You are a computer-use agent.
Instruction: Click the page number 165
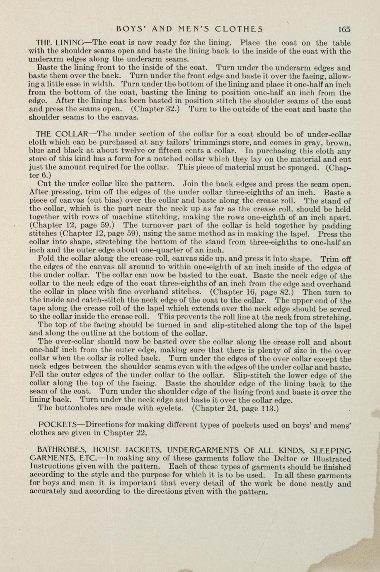coord(344,29)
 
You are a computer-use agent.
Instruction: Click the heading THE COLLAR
coord(62,134)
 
